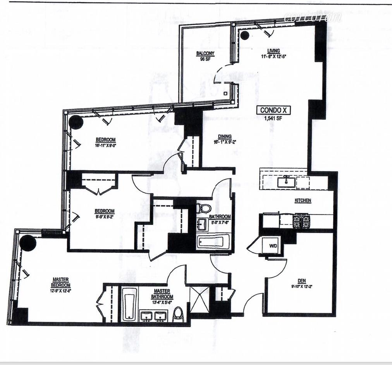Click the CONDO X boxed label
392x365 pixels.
pos(273,110)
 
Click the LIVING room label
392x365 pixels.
pos(273,51)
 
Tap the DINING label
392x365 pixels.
pos(224,136)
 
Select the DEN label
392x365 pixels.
pos(302,281)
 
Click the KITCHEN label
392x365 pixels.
pos(303,200)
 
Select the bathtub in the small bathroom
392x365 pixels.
pos(211,242)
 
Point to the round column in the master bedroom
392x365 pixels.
pos(28,243)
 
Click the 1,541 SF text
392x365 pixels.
pos(273,119)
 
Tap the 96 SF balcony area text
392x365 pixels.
pos(205,59)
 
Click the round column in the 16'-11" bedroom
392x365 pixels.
pos(76,122)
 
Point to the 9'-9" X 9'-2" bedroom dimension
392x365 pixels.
pos(105,216)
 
